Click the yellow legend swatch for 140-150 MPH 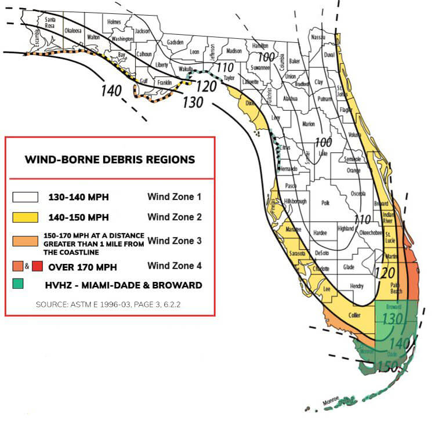pos(26,217)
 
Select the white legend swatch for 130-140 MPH pos(26,197)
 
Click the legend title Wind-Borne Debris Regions pos(110,159)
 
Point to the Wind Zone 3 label pos(175,240)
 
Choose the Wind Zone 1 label pos(175,197)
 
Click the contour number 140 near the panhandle pos(111,90)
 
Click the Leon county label pos(195,52)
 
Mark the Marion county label pos(309,124)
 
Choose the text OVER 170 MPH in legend pos(82,267)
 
